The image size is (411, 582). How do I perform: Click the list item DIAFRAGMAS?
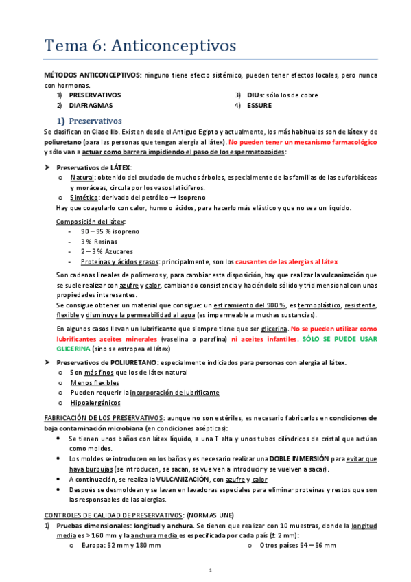[91, 106]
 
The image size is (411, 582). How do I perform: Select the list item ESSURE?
[259, 106]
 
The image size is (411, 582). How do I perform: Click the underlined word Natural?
[82, 177]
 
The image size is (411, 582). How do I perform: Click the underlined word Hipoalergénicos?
[95, 403]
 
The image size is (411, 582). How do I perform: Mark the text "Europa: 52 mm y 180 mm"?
[119, 545]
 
